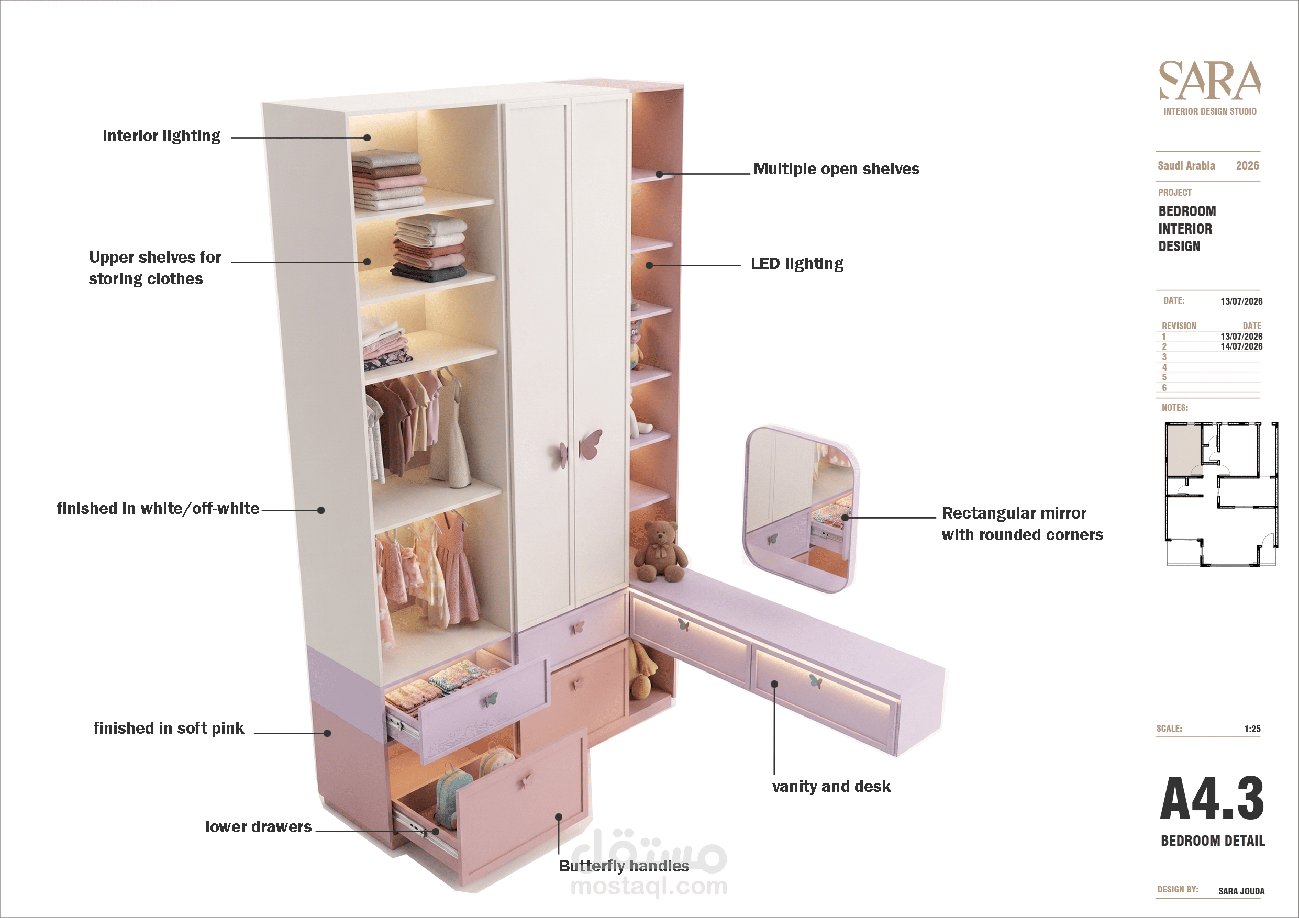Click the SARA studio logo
1209,88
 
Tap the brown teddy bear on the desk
660,552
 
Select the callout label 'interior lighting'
161,136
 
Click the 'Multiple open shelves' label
836,169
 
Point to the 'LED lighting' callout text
796,264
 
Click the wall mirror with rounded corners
800,510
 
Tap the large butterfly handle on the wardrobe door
591,444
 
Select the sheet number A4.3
1212,798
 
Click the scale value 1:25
1252,729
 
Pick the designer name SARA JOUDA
1241,891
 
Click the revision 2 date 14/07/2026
1241,346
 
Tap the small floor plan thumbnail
1221,494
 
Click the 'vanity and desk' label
831,786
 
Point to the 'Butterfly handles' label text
624,866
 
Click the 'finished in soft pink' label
169,729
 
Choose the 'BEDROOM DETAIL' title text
1213,841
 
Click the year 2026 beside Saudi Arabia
1247,166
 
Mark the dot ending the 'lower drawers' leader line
436,832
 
